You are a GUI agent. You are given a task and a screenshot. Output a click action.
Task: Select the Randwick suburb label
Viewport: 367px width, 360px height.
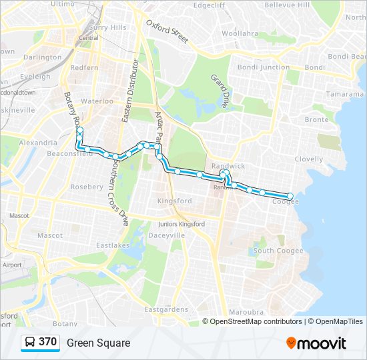pos(228,165)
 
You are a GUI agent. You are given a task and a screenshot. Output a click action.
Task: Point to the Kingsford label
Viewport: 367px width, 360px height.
pos(174,201)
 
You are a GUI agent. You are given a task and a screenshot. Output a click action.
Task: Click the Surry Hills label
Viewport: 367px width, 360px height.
pos(107,27)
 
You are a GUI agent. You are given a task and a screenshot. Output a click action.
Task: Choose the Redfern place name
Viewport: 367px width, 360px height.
pos(84,68)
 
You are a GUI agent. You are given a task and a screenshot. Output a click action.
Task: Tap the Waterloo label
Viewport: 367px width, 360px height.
pos(98,101)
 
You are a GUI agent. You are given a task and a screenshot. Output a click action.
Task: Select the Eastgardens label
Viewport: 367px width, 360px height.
pos(167,309)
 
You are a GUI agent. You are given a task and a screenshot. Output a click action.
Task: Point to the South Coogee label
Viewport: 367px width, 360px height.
pos(278,251)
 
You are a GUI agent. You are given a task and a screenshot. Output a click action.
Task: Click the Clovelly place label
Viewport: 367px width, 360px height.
pos(309,159)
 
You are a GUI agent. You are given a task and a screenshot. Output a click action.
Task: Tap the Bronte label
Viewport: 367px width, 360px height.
pos(316,119)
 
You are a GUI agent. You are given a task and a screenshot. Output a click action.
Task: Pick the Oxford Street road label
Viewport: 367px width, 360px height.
pos(167,31)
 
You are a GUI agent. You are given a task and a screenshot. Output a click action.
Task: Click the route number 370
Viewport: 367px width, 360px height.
pos(47,342)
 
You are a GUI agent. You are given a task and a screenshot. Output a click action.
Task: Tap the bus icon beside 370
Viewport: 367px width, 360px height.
pos(31,343)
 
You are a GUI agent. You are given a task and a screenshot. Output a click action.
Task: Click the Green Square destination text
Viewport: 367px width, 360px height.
pos(98,343)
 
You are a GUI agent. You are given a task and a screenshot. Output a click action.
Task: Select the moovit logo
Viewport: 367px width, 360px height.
pos(316,343)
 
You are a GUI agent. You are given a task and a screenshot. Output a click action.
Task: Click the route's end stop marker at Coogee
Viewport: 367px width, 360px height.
pos(290,196)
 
